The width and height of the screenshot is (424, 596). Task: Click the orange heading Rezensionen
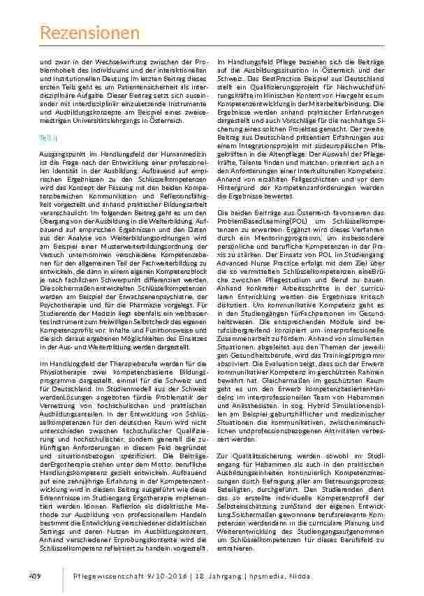click(89, 32)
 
